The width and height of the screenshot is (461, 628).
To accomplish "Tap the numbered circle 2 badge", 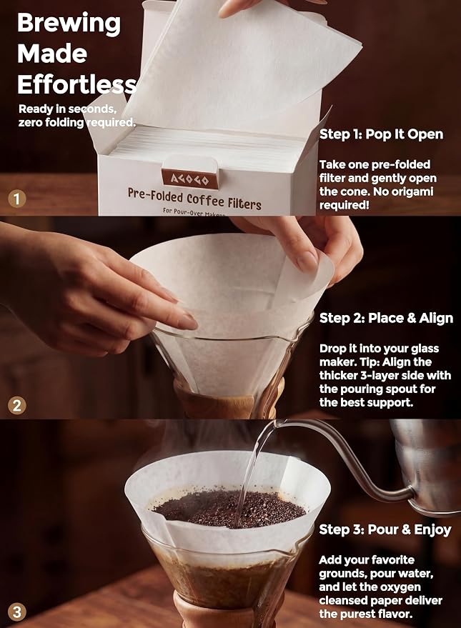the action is [17, 406].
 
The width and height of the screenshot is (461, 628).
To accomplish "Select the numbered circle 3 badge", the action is [17, 612].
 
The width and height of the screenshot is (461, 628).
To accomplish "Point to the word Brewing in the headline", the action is [69, 24].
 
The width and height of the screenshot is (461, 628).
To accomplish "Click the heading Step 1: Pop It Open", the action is [381, 134].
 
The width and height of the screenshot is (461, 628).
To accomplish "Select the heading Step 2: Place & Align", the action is [386, 318].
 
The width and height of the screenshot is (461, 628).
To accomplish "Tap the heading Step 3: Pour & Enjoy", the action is [385, 529].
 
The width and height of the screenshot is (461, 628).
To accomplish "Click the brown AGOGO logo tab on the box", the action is [190, 179].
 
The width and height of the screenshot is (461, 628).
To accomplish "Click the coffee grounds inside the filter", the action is [228, 508].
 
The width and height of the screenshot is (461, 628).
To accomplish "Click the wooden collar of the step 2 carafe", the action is [228, 401].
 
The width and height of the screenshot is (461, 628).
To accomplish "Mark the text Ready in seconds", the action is [67, 109].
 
